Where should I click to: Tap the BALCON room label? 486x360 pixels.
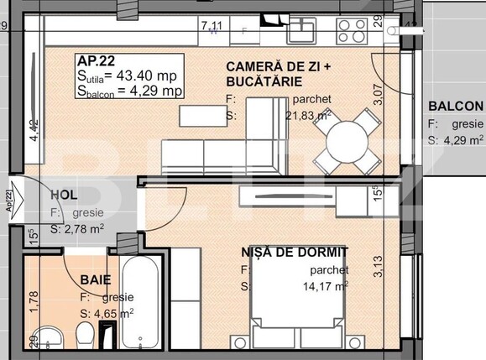(x=455, y=107)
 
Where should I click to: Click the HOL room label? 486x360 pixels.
(x=64, y=195)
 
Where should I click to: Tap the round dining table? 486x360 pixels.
(x=347, y=138)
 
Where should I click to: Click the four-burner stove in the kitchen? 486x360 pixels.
(x=355, y=31)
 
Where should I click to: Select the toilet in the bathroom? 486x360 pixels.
(x=85, y=340)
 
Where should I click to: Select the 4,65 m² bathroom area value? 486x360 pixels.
(x=105, y=314)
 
